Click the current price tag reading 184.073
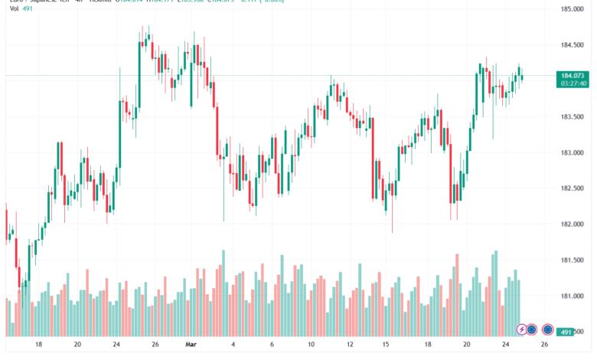(x=573, y=75)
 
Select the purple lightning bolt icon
(x=523, y=329)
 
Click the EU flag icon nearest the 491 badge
(x=548, y=329)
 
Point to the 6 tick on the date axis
(x=272, y=345)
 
